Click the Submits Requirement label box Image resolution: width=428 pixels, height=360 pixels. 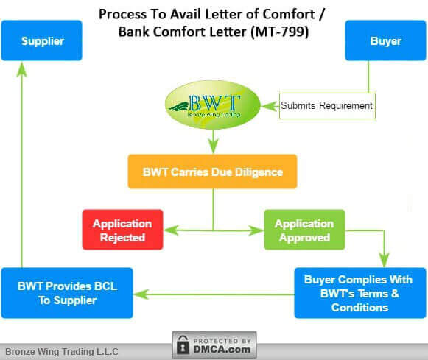point(326,106)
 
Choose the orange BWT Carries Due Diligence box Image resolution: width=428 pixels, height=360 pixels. point(212,172)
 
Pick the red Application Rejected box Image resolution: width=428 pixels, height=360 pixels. point(122,230)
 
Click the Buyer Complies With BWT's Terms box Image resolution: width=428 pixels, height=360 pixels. point(359,292)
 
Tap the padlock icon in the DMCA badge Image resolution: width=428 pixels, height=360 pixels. point(183,345)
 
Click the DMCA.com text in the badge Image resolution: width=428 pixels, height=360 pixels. point(223,349)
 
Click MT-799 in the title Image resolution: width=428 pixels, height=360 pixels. point(281,33)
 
